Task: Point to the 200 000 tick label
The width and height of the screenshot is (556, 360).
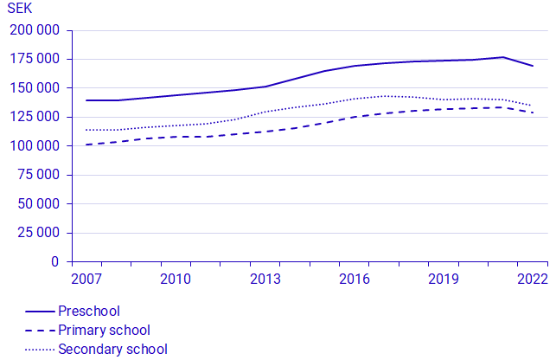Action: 35,30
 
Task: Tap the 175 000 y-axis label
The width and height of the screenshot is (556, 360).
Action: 35,59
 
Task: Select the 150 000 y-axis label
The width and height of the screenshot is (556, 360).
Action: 35,88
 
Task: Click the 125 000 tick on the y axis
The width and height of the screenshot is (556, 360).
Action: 35,117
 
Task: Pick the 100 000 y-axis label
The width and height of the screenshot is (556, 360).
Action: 35,146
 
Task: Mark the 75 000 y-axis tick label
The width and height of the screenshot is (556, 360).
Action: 40,175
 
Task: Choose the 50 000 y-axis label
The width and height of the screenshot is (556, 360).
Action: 40,204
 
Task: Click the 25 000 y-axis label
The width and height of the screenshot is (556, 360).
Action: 40,233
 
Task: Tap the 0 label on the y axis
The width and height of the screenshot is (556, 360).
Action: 55,261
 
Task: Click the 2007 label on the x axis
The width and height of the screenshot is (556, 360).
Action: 86,279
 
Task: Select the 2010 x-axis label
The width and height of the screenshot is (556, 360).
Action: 176,279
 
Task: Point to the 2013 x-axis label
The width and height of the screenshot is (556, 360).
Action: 265,279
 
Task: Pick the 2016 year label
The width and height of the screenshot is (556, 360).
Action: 355,279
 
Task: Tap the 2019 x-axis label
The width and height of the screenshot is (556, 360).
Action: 444,279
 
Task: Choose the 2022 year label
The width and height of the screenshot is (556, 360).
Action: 533,279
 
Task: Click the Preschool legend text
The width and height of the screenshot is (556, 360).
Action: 89,312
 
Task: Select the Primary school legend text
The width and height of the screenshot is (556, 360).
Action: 104,331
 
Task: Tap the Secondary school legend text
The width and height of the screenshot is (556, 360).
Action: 112,350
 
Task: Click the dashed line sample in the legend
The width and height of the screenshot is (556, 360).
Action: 39,331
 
